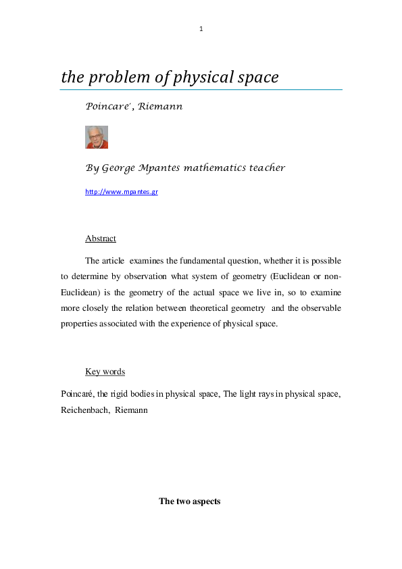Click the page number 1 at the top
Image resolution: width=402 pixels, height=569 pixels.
click(201, 29)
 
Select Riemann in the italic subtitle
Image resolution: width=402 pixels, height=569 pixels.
click(161, 107)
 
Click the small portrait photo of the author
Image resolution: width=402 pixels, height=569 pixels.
click(97, 137)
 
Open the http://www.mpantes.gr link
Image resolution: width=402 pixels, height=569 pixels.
click(122, 192)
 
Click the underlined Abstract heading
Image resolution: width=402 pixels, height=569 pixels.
click(101, 239)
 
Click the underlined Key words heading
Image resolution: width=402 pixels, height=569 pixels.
click(105, 372)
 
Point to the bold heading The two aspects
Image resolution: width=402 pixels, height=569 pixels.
click(190, 501)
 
